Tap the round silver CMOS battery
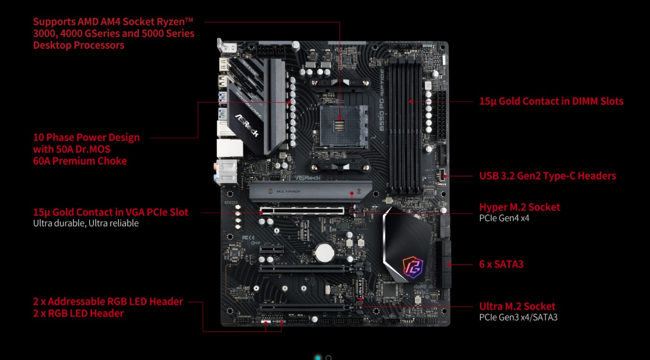[x=325, y=252]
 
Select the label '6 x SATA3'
[x=501, y=264]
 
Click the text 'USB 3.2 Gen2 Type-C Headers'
[x=547, y=176]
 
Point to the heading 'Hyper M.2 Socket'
[x=519, y=207]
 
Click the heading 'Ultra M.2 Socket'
[x=517, y=306]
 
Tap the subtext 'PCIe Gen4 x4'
[x=504, y=218]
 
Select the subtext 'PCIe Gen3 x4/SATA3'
[x=518, y=317]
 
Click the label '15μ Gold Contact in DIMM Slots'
[x=551, y=101]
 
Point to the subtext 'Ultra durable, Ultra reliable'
[x=86, y=223]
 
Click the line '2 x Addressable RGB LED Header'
[x=108, y=302]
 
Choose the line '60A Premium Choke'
[x=80, y=161]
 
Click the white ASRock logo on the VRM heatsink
[x=247, y=125]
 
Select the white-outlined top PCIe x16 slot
[x=302, y=211]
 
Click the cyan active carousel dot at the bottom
[x=318, y=358]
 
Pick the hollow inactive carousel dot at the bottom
[x=329, y=358]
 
